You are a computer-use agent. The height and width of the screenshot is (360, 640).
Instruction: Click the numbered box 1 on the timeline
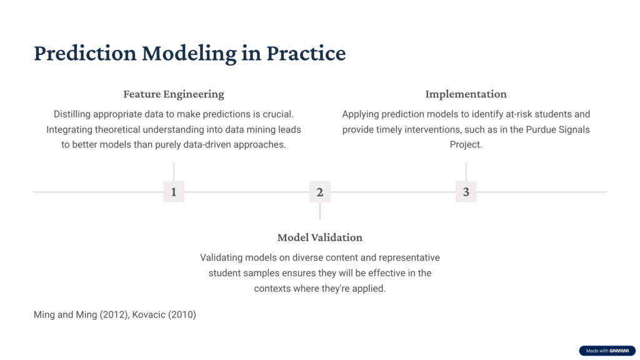(174, 191)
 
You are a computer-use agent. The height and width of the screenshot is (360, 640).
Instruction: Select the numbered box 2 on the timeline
(320, 191)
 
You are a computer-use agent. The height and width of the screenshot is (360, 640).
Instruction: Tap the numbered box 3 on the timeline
(466, 191)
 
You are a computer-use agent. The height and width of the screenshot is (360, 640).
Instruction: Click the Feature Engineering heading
(174, 94)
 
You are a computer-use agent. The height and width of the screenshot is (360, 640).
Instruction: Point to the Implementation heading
(466, 94)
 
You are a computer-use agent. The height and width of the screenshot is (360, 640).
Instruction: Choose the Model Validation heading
(320, 237)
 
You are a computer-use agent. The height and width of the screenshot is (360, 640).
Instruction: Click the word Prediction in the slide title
(85, 53)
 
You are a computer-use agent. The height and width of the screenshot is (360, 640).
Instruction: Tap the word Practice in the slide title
(306, 53)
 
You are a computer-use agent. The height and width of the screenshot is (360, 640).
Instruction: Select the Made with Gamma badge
(607, 351)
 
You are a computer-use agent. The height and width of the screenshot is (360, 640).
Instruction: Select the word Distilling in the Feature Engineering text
(72, 114)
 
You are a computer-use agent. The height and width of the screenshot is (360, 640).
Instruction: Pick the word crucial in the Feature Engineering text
(279, 114)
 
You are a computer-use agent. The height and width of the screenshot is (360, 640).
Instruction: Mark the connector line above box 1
(174, 172)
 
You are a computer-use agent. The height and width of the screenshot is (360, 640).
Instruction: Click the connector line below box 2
(320, 211)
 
